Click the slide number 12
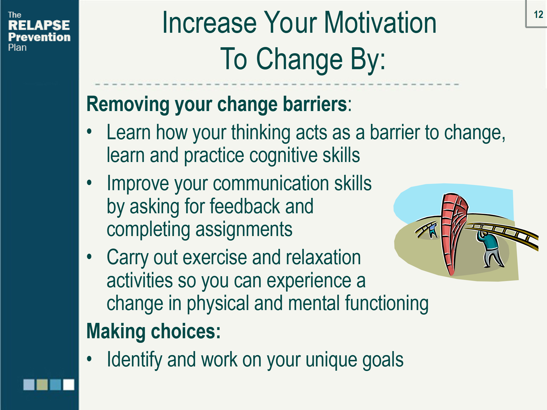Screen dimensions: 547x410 538,15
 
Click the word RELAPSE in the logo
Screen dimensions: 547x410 39,25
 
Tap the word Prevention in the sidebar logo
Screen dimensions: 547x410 39,37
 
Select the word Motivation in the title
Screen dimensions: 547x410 380,23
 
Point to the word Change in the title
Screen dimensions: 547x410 299,59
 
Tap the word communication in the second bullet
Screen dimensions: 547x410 271,183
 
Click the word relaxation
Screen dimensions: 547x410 323,257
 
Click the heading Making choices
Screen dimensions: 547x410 154,332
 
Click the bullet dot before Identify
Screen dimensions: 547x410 89,358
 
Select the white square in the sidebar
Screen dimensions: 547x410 69,384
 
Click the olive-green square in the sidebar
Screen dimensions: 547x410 42,384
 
